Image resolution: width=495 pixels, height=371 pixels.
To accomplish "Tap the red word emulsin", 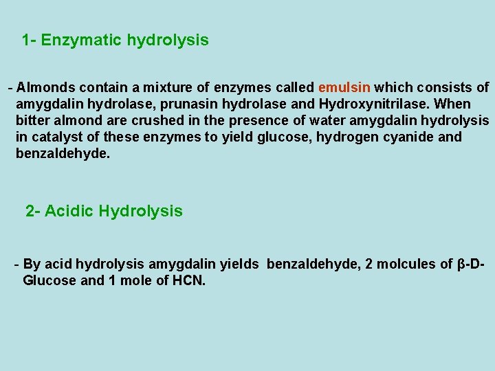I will (x=344, y=88).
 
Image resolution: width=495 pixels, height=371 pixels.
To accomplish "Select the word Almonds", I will (x=46, y=88).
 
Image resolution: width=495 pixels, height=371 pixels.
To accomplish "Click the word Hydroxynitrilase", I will (x=371, y=104).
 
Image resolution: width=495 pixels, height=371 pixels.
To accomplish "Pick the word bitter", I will (x=33, y=121).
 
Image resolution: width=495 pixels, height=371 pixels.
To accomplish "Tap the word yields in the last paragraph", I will (x=241, y=265).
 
